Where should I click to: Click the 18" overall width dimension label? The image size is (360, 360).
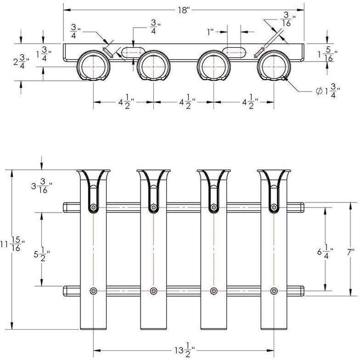[184, 10]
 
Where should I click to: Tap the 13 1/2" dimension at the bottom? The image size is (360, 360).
[184, 351]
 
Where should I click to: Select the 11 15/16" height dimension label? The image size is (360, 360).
[12, 245]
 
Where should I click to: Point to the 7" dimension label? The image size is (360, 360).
[350, 253]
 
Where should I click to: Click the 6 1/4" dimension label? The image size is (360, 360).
[326, 253]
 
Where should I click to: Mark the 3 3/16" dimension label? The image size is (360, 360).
[42, 186]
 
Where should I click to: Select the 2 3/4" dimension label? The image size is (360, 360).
[21, 62]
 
